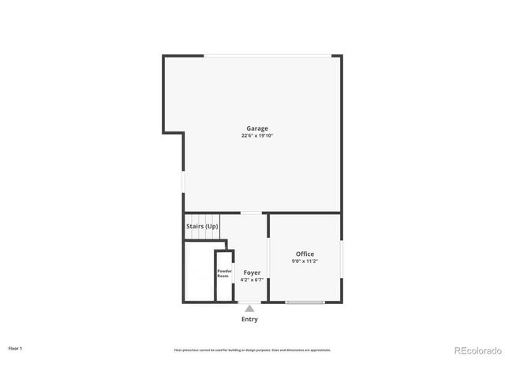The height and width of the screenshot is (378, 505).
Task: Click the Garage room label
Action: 257,128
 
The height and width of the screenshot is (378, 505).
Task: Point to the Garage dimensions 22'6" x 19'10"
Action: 257,135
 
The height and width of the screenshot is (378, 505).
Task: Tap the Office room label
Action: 305,254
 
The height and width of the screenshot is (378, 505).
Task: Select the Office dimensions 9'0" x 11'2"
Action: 305,261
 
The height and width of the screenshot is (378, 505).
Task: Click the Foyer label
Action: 252,272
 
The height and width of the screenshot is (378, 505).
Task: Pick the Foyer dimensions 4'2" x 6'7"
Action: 252,280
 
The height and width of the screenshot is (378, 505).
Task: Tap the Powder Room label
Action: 223,274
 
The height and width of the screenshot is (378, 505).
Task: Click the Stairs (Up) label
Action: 202,227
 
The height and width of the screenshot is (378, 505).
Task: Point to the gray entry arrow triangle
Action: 249,309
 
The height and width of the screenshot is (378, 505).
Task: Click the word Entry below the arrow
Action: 249,320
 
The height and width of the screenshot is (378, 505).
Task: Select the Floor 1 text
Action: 15,347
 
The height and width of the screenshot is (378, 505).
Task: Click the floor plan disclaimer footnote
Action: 252,350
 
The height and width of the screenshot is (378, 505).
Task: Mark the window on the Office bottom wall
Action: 305,302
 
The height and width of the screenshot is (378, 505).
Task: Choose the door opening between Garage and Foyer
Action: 252,213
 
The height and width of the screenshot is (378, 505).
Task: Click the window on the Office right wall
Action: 342,260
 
